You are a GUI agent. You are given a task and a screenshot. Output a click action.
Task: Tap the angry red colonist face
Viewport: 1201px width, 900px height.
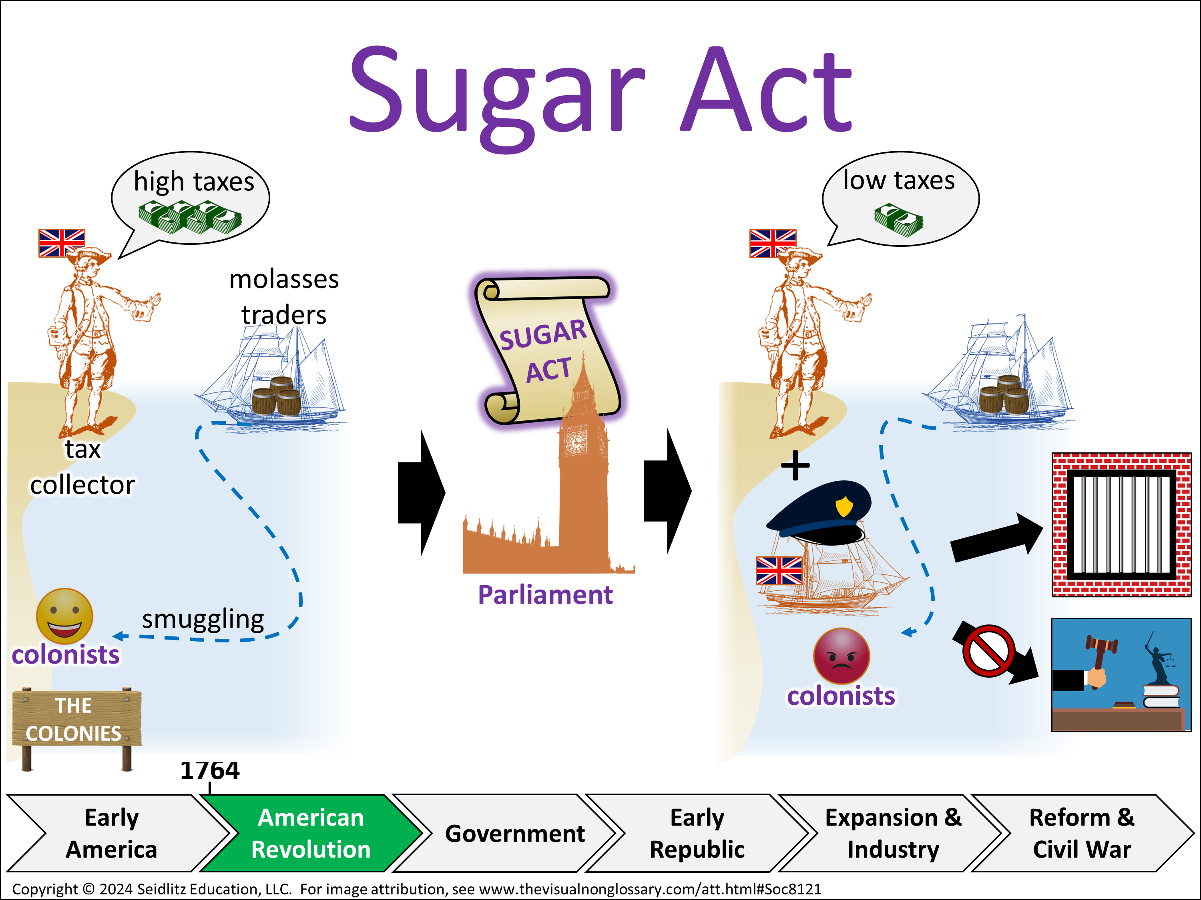click(x=841, y=655)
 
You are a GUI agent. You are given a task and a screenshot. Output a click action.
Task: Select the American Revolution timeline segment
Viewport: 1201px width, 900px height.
click(x=311, y=833)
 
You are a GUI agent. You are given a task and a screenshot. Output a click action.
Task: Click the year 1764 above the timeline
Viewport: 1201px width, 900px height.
click(x=210, y=770)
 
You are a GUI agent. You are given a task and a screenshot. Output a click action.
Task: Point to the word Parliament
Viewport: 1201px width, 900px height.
click(x=545, y=594)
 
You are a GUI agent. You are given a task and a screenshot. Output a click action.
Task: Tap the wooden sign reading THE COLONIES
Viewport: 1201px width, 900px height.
click(x=76, y=719)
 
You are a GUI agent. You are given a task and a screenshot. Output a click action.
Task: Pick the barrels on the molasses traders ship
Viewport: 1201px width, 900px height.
click(x=276, y=396)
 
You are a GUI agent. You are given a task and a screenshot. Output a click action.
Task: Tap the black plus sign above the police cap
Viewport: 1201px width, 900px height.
click(x=795, y=465)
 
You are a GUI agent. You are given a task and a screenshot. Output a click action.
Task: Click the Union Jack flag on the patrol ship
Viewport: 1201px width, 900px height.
click(x=779, y=570)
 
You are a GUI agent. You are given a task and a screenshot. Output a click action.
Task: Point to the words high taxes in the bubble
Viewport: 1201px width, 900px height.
click(x=194, y=182)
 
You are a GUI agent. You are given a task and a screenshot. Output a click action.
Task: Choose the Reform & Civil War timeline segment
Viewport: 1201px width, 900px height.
click(x=1082, y=833)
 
